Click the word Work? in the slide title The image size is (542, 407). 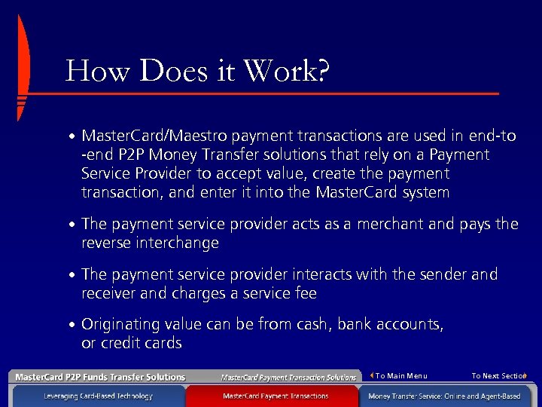pos(287,72)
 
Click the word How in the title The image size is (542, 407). pos(89,72)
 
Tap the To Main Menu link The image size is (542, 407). pos(401,376)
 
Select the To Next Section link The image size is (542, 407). pos(498,376)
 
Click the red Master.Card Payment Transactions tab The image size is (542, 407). pos(276,396)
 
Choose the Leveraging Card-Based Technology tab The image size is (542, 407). pos(98,396)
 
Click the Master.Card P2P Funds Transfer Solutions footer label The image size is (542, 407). pos(100,377)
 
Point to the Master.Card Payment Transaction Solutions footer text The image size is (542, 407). pos(288,377)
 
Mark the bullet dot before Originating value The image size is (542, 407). pos(71,326)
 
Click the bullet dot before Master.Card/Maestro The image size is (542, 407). pos(71,137)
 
